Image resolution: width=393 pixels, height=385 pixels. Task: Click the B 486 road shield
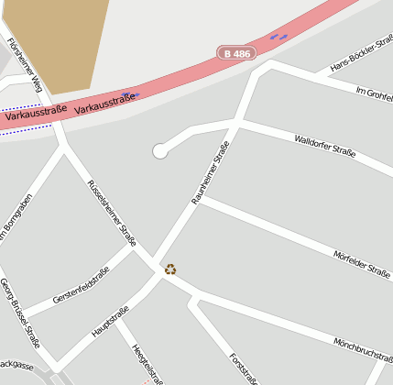coord(236,53)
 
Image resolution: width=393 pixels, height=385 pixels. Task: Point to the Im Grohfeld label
coord(373,95)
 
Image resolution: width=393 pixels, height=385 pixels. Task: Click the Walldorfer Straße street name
coord(324,146)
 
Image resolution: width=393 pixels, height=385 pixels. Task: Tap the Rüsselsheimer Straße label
coord(111,213)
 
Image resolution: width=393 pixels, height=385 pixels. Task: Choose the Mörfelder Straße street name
coord(362,262)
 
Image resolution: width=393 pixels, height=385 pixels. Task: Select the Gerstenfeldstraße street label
coord(81,285)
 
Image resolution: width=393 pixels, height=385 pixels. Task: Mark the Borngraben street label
coord(14,220)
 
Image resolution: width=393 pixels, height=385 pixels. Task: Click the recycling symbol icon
coord(170,269)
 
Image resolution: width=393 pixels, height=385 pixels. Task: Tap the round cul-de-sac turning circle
coord(160,151)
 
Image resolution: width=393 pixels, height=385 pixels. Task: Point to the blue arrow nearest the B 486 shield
coord(278,37)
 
